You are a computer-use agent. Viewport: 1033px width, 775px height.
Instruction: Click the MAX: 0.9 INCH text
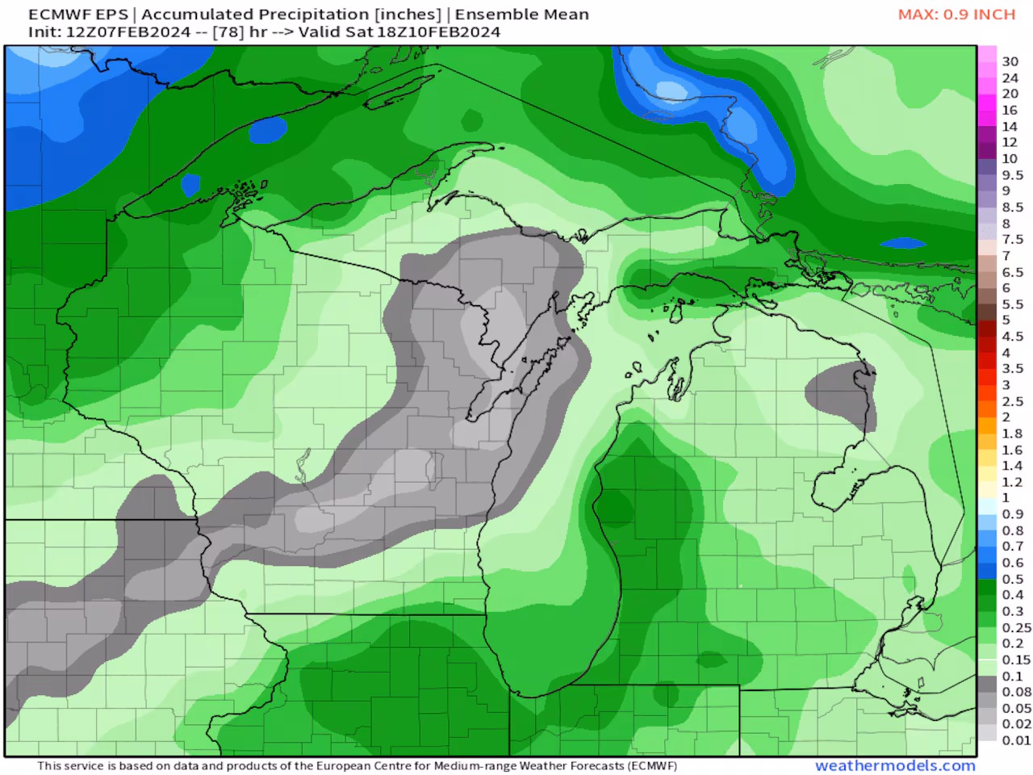click(956, 15)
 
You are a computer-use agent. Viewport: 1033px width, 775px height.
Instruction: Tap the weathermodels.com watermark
click(895, 765)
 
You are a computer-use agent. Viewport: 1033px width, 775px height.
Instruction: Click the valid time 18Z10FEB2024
click(439, 32)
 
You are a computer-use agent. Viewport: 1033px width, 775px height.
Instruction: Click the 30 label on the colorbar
click(1010, 61)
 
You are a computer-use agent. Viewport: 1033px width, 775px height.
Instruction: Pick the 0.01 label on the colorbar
click(1016, 740)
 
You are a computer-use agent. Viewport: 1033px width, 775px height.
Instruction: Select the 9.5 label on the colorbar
click(1012, 175)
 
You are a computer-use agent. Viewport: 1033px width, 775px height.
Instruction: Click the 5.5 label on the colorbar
click(1012, 304)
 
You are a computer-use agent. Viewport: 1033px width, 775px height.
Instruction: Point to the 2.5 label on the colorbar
click(1012, 401)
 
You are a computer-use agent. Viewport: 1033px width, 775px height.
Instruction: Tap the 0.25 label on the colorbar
click(1016, 627)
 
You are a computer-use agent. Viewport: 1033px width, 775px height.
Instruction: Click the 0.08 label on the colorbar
click(1016, 692)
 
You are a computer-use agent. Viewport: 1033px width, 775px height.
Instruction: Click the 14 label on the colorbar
click(1010, 126)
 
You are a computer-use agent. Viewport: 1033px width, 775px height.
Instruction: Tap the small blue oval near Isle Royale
click(268, 128)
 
